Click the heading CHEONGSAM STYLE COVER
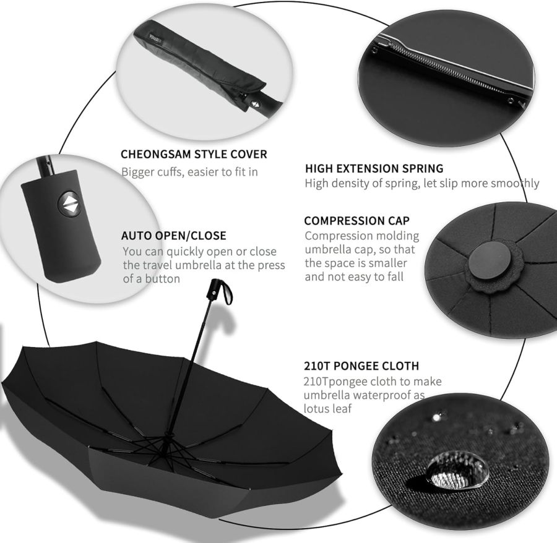194,154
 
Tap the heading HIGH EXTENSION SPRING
374,168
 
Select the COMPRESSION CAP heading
356,221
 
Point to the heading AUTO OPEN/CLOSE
173,236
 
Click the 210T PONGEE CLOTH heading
361,366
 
